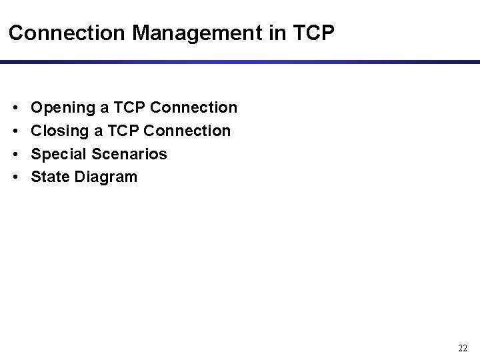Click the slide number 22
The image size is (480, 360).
(x=463, y=348)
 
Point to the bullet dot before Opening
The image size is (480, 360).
(x=15, y=107)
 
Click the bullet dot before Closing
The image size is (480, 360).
(x=15, y=131)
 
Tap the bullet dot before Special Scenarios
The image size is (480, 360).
(x=15, y=154)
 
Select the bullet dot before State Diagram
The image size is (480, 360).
(x=15, y=177)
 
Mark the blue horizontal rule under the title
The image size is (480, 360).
(x=240, y=62)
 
